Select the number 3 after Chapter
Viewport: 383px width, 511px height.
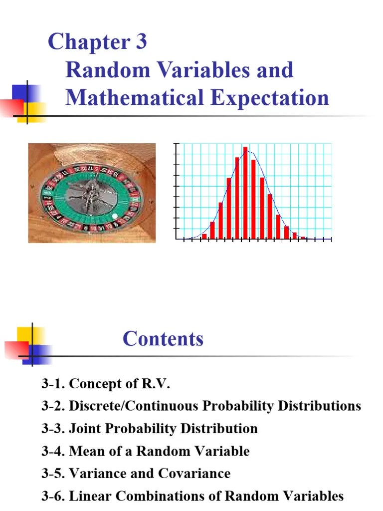click(140, 42)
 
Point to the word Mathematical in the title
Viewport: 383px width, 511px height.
click(134, 97)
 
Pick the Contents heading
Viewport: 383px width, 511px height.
click(163, 339)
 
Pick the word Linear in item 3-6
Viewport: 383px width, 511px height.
click(88, 496)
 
